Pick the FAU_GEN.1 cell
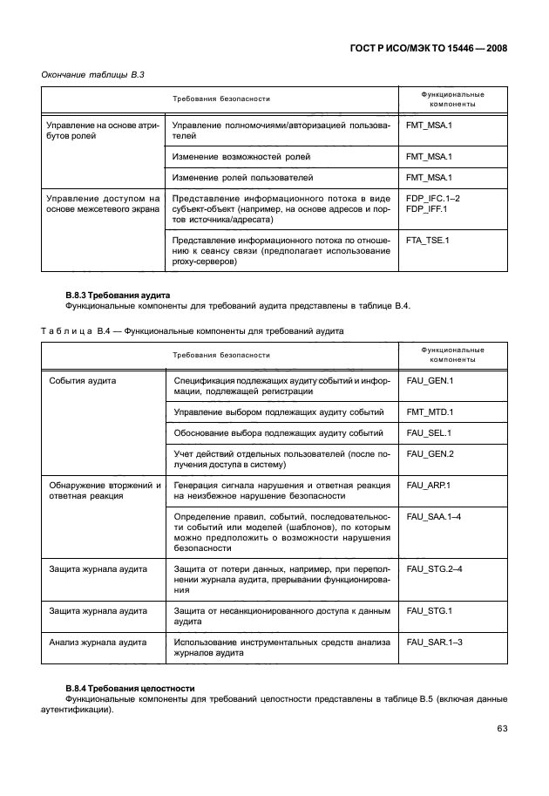[x=430, y=381]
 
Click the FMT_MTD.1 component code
[x=430, y=411]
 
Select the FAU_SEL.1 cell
[x=430, y=432]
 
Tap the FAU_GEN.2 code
[x=430, y=454]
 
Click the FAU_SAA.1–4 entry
[x=435, y=517]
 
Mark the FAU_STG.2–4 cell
[x=435, y=568]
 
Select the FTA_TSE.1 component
[x=428, y=239]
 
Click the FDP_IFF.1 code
[x=426, y=210]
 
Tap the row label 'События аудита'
[x=84, y=381]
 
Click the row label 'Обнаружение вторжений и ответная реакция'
[x=105, y=490]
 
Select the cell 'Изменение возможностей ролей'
[x=241, y=156]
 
